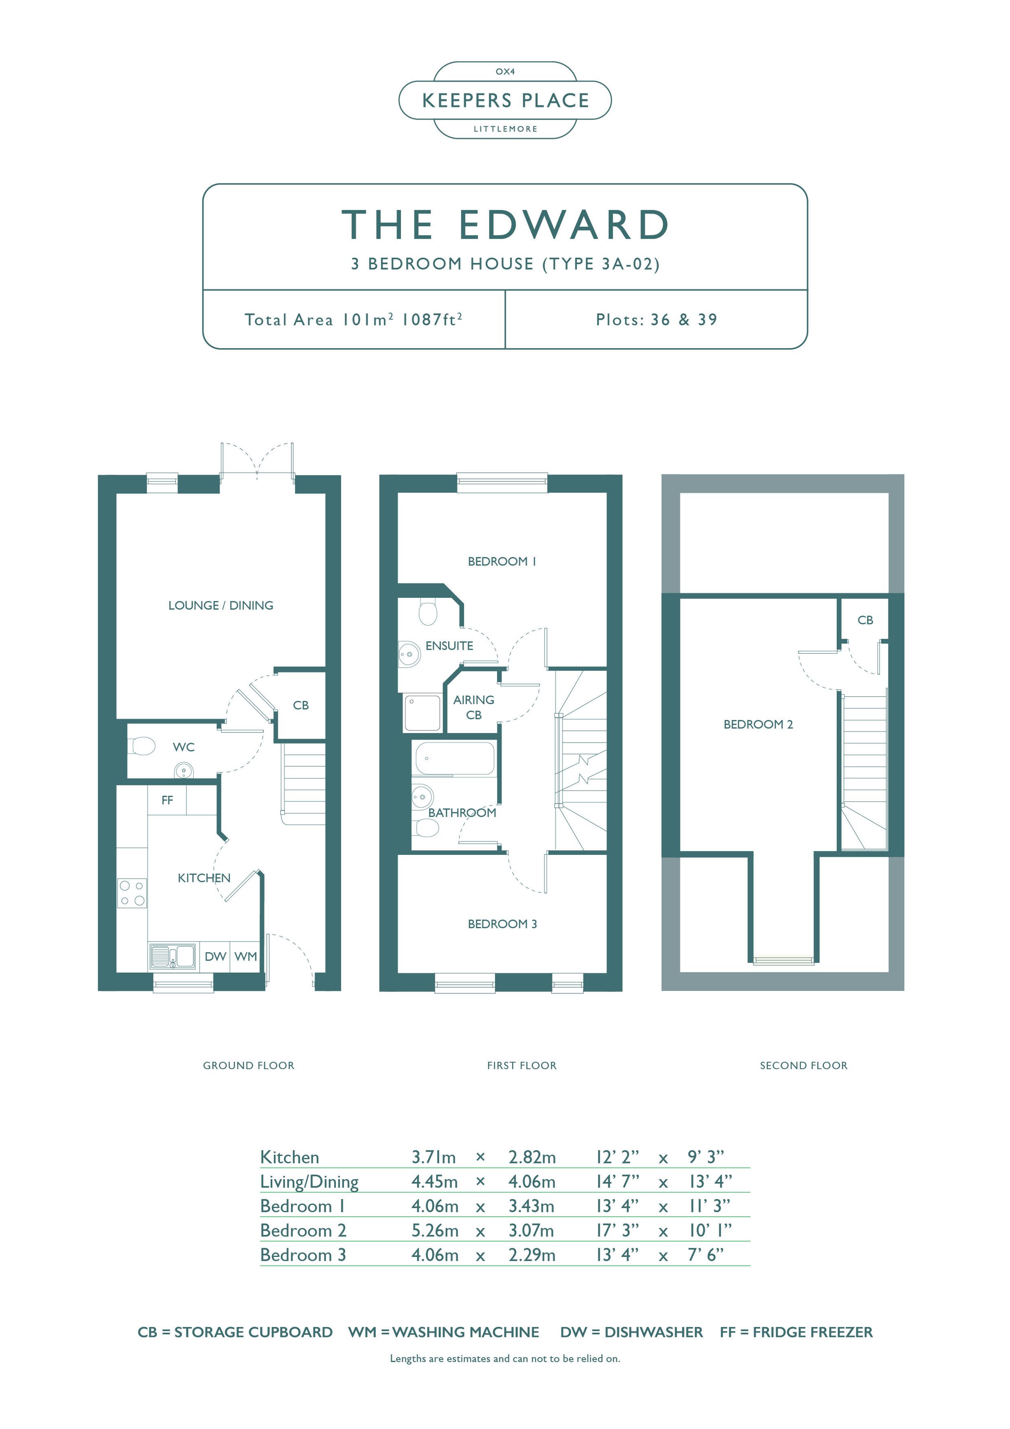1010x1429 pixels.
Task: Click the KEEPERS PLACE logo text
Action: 505,100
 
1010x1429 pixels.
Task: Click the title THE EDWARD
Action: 505,224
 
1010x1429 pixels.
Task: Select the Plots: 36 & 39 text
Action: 656,320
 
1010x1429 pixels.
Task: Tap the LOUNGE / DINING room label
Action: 221,605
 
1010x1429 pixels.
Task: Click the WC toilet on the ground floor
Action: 142,745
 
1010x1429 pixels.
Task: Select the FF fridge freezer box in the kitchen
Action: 167,800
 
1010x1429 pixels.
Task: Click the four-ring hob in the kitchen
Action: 132,893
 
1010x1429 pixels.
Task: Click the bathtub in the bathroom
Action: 455,758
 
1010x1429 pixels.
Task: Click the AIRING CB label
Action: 473,708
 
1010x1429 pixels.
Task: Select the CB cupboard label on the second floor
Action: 865,620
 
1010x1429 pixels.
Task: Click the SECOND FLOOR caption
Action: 803,1066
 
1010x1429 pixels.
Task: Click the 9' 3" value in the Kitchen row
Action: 706,1157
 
